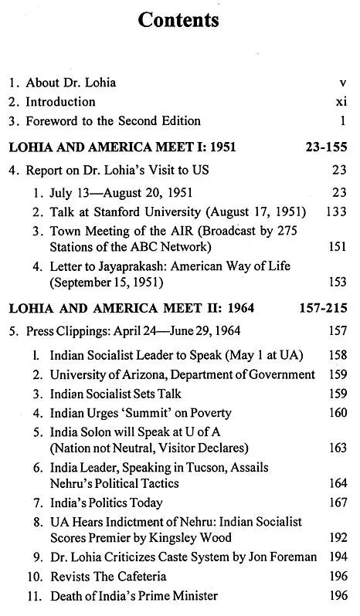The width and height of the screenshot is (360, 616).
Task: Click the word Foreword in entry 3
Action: pyautogui.click(x=53, y=121)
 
